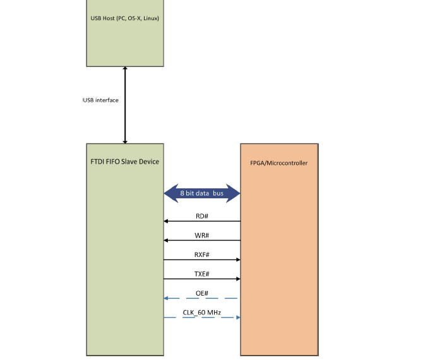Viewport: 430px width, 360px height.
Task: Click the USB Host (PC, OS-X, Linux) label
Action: coord(125,18)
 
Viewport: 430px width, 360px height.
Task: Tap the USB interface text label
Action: coord(100,100)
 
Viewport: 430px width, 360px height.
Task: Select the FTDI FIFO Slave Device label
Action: coord(125,162)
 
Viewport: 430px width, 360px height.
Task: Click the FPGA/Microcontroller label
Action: coord(279,163)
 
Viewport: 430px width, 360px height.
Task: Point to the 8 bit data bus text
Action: coord(202,193)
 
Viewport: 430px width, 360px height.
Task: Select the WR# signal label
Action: coord(202,235)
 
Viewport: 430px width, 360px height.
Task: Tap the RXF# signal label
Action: coord(202,255)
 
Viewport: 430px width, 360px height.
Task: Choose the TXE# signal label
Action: coord(202,273)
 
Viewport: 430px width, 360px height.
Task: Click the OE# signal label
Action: coord(202,293)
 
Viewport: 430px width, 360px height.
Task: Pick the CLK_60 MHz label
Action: coord(202,312)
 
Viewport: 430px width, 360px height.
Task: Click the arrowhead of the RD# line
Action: coord(166,221)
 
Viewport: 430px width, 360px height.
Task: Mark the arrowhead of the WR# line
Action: coord(166,241)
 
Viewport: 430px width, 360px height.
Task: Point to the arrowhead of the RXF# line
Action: coord(238,260)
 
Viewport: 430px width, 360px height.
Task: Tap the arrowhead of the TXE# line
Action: coord(238,279)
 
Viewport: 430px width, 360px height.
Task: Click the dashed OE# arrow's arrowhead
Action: coord(166,298)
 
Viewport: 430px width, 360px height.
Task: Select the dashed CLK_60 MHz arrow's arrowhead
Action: coord(238,317)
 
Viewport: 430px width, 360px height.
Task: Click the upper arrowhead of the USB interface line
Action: coord(125,69)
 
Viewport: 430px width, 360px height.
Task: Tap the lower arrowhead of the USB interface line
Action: coord(125,141)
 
